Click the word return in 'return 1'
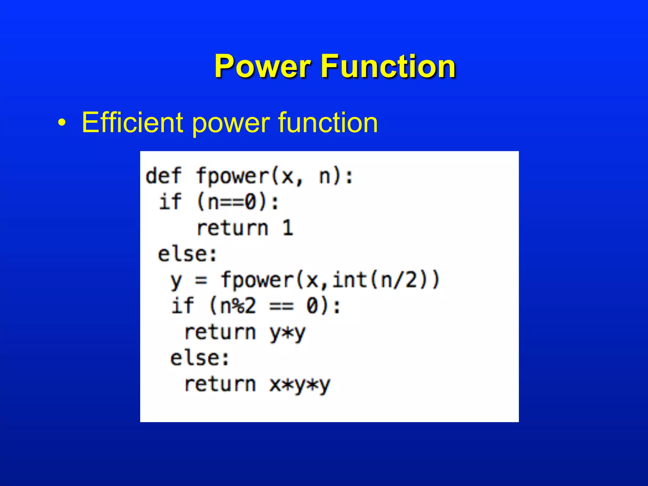click(233, 228)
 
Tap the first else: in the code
click(187, 254)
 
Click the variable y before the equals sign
click(176, 281)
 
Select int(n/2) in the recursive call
click(383, 280)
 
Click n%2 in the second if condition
click(238, 306)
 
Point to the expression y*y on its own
click(287, 333)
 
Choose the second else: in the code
click(200, 358)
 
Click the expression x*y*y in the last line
click(299, 385)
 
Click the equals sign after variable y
click(201, 280)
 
